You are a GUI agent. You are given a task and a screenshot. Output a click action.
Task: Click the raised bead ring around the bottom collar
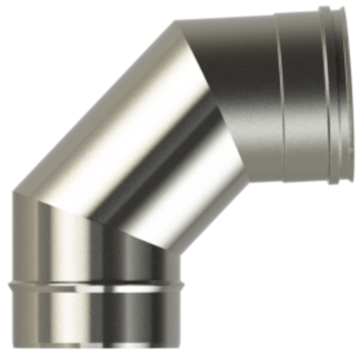[96, 287]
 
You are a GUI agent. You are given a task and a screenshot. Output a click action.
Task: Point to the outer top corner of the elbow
[178, 22]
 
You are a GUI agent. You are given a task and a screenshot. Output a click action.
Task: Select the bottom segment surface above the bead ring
[96, 252]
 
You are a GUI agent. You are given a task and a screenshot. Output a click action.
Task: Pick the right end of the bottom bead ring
[179, 287]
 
